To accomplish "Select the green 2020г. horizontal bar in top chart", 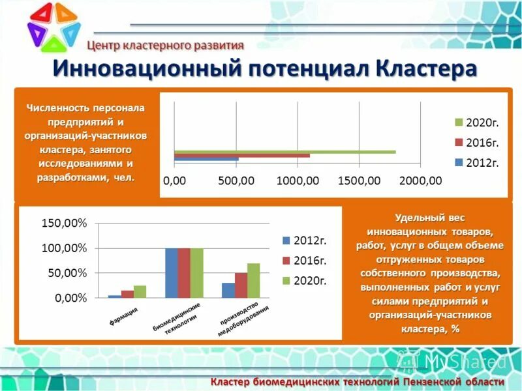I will click(284, 152).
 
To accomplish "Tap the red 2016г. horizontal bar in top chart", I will click(241, 156).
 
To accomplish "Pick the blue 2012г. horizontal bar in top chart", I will click(206, 159).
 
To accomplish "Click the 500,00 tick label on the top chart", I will click(236, 181).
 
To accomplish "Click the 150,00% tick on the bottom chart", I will click(64, 224).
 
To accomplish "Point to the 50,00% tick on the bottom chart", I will click(67, 273).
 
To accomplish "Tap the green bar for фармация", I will click(140, 291).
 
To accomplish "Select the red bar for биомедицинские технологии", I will click(184, 273).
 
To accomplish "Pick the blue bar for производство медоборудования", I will click(228, 290).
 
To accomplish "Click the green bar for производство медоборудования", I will click(253, 280).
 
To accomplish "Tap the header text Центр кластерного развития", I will click(166, 46).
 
